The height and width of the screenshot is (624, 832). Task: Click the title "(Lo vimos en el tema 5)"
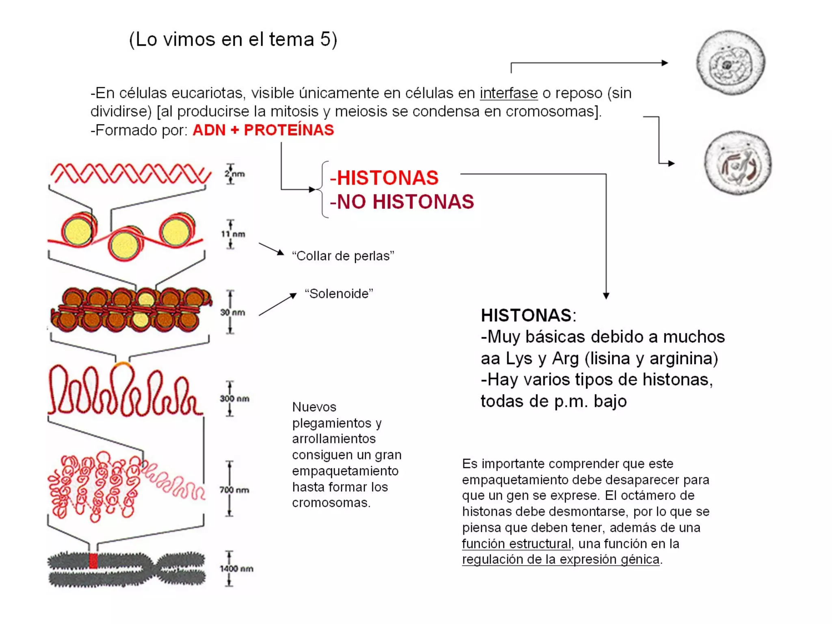click(x=233, y=40)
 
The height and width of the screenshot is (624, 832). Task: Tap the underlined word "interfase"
click(x=508, y=93)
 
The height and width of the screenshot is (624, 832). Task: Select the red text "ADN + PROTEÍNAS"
click(x=263, y=130)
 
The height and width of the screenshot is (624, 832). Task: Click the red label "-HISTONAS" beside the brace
click(x=384, y=178)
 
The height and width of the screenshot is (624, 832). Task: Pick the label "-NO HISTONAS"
click(x=402, y=202)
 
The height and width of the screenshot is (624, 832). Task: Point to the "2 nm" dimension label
click(x=235, y=174)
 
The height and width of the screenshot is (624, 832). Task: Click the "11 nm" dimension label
click(x=233, y=234)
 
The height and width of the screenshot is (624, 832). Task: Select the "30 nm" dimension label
click(x=233, y=312)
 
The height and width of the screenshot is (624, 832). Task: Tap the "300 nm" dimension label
click(x=235, y=399)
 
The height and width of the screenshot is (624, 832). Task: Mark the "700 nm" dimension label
click(x=234, y=490)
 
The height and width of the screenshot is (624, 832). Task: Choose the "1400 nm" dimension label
click(x=236, y=568)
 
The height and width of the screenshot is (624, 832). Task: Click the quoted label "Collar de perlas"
click(x=343, y=256)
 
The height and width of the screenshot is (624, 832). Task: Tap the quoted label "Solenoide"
click(x=339, y=294)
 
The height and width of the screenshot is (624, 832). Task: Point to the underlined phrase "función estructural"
click(x=516, y=544)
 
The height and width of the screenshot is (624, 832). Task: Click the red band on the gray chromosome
click(x=93, y=561)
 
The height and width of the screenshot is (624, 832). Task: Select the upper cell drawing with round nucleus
click(x=730, y=63)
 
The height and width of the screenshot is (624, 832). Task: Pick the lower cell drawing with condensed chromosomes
click(x=737, y=163)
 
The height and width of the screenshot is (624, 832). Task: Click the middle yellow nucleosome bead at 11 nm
click(x=125, y=245)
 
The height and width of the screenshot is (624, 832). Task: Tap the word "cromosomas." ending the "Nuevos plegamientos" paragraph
click(x=331, y=503)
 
